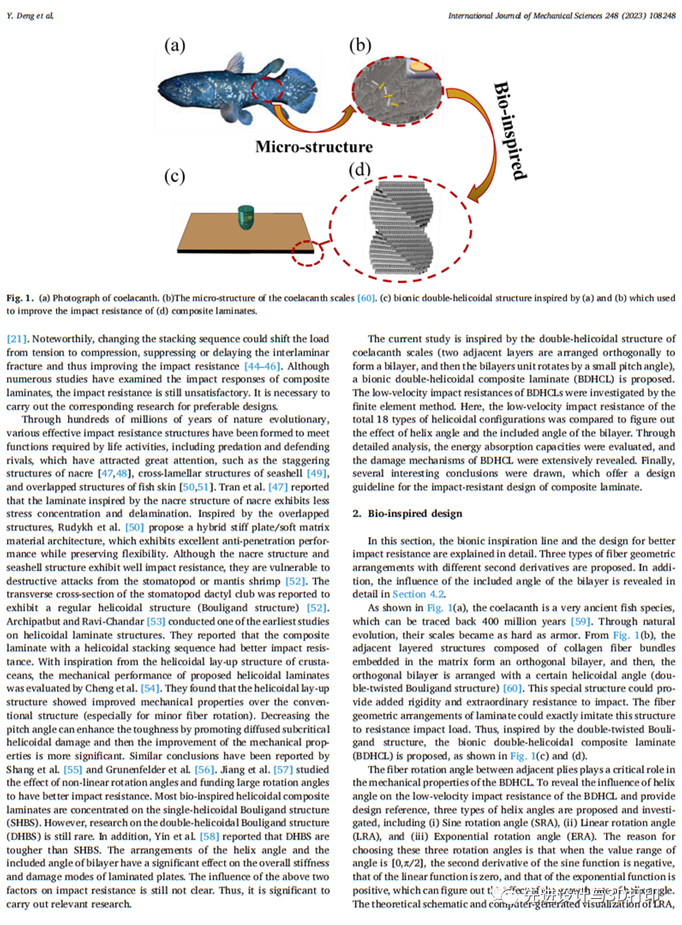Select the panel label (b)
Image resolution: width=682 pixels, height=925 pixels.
click(360, 45)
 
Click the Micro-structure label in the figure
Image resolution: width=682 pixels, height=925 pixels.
click(313, 146)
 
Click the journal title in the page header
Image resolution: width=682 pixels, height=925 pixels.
click(561, 15)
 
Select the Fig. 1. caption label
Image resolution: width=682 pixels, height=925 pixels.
click(19, 297)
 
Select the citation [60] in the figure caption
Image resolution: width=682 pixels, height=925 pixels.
click(366, 297)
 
